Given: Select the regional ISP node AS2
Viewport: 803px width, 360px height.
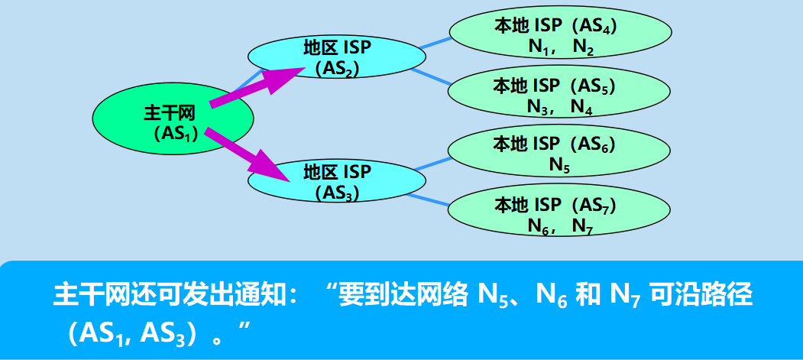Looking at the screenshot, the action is [x=336, y=57].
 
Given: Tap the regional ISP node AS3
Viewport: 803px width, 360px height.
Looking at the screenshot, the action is [x=336, y=182].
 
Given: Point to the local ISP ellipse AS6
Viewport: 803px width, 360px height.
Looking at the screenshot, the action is [x=559, y=152].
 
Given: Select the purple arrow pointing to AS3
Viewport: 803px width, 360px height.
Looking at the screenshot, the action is [x=248, y=156].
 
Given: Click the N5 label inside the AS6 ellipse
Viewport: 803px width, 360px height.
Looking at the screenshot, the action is [x=559, y=164].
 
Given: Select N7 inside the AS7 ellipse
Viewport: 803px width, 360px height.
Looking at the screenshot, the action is [x=583, y=226].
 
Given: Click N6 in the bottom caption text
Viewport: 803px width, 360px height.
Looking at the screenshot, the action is [x=547, y=296].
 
